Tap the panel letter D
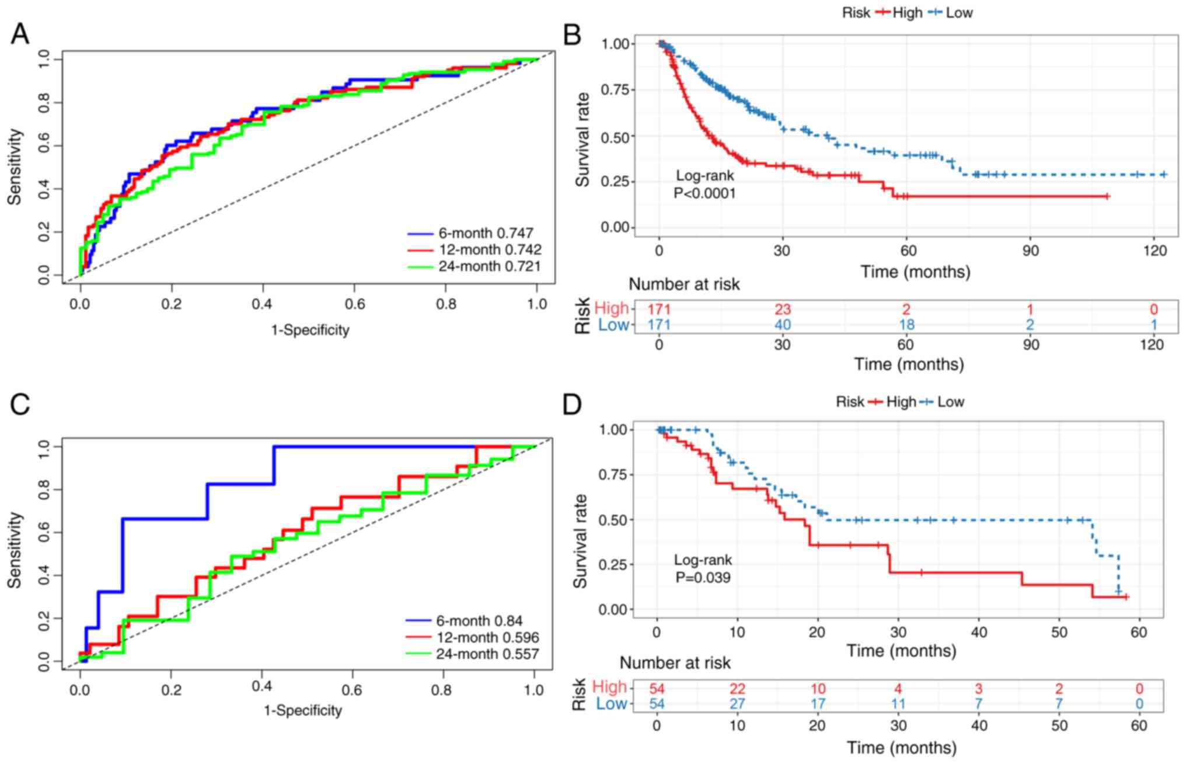[572, 404]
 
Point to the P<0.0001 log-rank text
[704, 193]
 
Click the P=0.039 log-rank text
[703, 578]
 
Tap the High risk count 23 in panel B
[782, 309]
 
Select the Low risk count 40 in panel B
[782, 325]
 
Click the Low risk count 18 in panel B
[906, 325]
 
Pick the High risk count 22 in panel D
[737, 689]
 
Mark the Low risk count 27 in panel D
[737, 704]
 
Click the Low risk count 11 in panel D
[898, 704]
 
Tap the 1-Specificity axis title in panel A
[310, 330]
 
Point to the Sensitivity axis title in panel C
[15, 550]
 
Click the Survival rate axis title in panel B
[582, 140]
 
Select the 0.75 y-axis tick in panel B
[615, 90]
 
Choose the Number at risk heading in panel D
[675, 663]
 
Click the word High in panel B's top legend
[907, 13]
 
